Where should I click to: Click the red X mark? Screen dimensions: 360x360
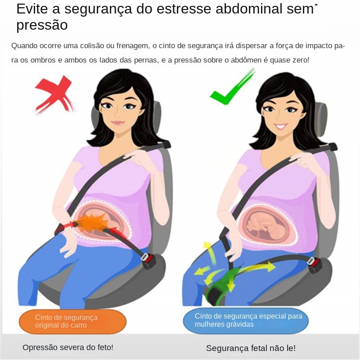pos(55,94)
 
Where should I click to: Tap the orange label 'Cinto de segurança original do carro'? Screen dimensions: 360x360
pos(72,321)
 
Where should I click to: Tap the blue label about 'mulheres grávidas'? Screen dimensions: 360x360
pos(246,320)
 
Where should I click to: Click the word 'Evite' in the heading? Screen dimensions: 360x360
pos(32,9)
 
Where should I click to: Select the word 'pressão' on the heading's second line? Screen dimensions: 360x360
pos(42,25)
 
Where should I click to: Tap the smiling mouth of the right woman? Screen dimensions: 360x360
pos(280,126)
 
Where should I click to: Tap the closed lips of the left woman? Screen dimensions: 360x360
pos(118,122)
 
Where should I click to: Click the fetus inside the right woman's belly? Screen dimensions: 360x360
pos(266,226)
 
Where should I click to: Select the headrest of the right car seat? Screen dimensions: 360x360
pos(320,121)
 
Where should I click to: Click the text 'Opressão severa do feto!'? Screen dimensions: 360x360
pos(68,347)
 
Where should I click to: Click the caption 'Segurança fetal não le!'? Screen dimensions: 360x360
pos(251,348)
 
